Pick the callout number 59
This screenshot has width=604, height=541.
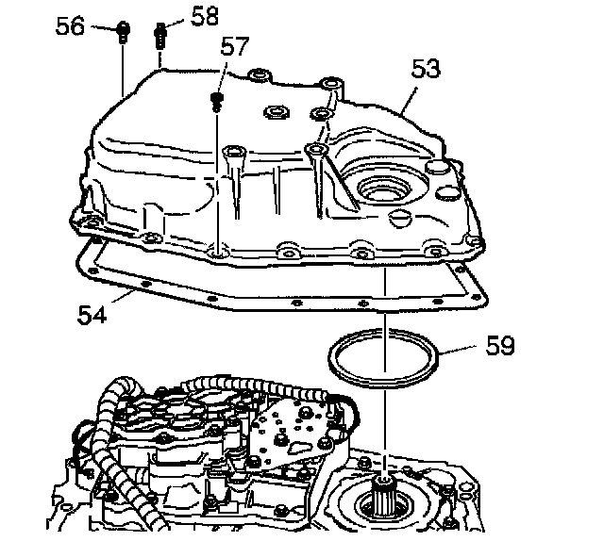pos(500,346)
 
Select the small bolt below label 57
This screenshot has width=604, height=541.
pos(217,99)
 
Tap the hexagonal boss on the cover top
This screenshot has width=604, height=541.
pos(277,112)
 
